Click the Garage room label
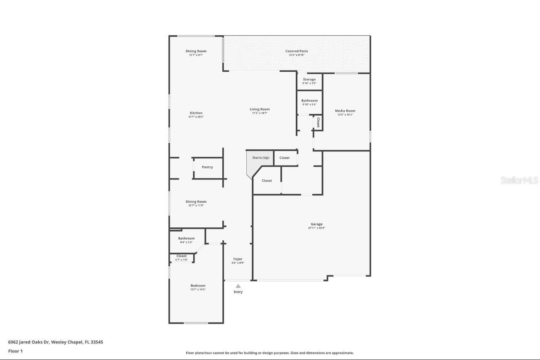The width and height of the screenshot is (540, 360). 316,224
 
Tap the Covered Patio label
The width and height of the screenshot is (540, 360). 297,51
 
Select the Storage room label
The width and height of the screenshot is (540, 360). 309,80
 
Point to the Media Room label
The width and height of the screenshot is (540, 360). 345,111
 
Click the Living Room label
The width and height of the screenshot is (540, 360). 260,109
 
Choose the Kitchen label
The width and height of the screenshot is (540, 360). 196,113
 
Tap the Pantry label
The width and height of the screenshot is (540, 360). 207,167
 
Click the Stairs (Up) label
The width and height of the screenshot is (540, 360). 261,158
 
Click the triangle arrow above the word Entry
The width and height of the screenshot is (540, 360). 238,286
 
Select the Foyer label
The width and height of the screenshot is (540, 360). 238,259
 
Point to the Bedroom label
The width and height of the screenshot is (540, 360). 198,286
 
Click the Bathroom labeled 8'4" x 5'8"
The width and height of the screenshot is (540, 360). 186,238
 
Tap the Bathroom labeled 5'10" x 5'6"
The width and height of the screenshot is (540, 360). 309,101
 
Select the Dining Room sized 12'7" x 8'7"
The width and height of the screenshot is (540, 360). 196,51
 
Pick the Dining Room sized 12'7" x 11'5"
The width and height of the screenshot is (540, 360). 196,202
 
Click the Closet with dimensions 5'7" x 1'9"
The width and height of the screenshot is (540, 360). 182,256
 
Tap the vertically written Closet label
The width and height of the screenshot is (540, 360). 318,122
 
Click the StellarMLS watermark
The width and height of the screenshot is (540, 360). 519,180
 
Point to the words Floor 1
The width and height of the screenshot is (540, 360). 15,351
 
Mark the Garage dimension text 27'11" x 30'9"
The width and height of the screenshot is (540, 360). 316,228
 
